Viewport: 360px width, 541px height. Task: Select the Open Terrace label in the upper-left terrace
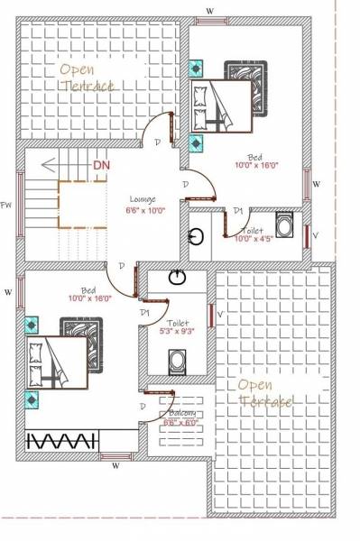88,77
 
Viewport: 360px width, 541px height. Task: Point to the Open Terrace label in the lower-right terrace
264,393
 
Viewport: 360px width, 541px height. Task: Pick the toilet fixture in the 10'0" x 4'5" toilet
283,225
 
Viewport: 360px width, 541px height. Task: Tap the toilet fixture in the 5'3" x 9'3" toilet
178,362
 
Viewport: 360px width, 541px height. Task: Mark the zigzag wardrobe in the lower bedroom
62,441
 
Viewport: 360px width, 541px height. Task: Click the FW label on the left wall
6,205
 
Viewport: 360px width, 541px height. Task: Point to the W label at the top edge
210,10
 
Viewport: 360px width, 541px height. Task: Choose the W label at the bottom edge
115,466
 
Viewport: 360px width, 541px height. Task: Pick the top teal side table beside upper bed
196,68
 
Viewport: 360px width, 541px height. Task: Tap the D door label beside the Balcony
143,407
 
